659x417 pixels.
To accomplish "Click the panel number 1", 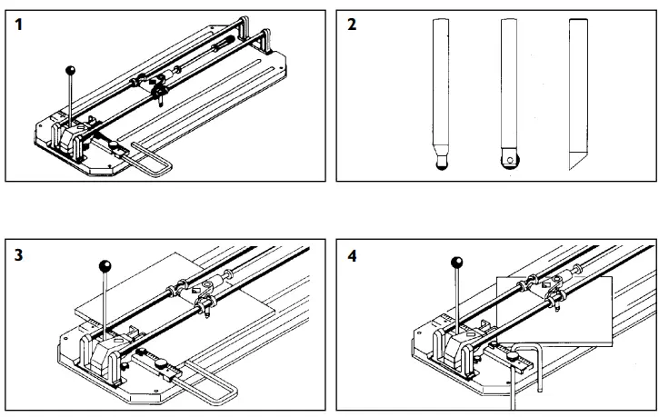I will (x=19, y=25).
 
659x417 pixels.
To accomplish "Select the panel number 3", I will (x=19, y=256).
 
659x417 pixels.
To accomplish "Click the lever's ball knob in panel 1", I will (x=69, y=70).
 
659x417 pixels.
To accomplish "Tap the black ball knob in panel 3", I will (x=105, y=266).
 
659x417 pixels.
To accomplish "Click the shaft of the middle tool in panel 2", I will (x=508, y=82).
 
